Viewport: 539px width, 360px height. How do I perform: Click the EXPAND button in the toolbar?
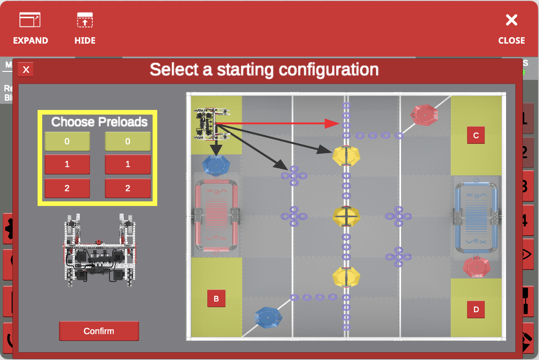[x=30, y=29]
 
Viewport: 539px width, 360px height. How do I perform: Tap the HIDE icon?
[x=85, y=29]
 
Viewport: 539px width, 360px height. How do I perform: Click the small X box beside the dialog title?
[x=26, y=70]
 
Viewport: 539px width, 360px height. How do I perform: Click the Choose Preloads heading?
[x=99, y=122]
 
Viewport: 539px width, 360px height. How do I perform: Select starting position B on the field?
[x=216, y=299]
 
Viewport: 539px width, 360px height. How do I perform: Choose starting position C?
[x=476, y=135]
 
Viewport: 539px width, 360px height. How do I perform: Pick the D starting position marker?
[x=476, y=309]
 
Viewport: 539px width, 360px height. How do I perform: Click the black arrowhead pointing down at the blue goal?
[x=215, y=151]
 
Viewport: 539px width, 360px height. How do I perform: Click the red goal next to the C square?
[x=424, y=115]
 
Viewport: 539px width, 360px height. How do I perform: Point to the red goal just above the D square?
[x=477, y=267]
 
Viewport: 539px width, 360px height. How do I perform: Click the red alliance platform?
[x=216, y=217]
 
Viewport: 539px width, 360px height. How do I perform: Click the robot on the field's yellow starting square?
[x=212, y=124]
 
